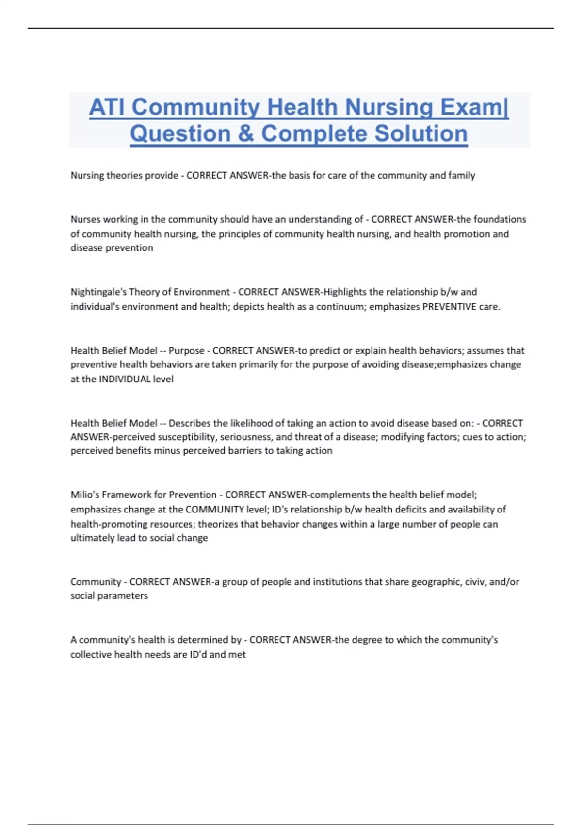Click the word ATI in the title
108,107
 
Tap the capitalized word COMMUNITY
214,510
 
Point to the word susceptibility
186,437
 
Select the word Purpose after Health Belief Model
186,350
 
